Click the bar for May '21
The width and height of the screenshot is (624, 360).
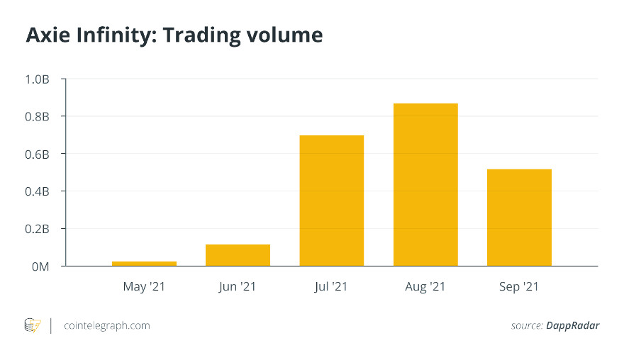coord(144,264)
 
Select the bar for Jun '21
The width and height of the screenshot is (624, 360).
coord(238,255)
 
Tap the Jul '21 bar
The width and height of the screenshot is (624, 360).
coord(331,201)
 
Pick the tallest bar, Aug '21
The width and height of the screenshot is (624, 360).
coord(425,184)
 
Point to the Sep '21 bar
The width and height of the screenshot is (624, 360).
coord(519,218)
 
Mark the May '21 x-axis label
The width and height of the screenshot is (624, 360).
coord(144,287)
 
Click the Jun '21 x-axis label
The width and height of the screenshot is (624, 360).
coord(238,287)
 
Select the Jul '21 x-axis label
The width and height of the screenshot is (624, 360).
coord(331,287)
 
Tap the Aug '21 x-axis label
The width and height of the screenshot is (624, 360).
coord(425,287)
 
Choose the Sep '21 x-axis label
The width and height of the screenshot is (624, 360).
coord(519,287)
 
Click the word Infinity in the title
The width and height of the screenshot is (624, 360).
coord(113,35)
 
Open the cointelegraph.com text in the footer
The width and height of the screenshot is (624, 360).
coord(106,326)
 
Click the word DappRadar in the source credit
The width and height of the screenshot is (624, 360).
coord(572,326)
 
